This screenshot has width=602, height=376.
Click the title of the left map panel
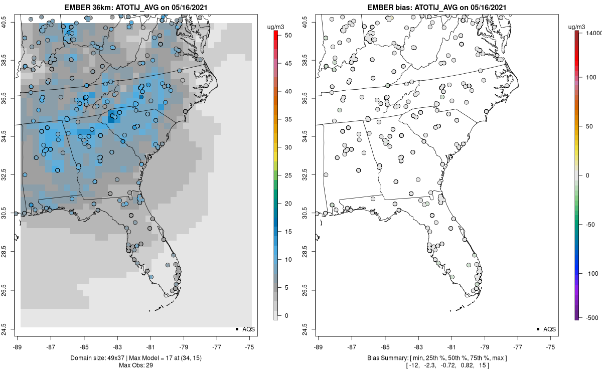click(x=136, y=7)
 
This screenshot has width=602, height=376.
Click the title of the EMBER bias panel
click(x=437, y=7)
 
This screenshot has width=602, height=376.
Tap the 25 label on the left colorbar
click(x=288, y=175)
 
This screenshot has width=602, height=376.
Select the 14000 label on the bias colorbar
click(x=593, y=33)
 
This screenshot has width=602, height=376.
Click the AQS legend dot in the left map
click(x=237, y=329)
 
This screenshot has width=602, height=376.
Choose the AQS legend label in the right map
click(x=549, y=329)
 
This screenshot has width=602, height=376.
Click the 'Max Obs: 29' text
click(x=136, y=365)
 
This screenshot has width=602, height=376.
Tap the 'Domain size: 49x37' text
click(x=98, y=358)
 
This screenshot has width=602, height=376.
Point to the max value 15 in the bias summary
click(x=482, y=365)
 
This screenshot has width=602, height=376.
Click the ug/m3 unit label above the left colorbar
click(x=275, y=27)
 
